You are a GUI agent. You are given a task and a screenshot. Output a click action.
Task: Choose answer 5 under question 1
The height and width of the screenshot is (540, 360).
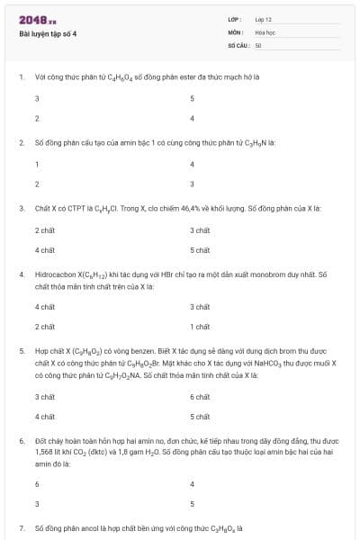pos(192,98)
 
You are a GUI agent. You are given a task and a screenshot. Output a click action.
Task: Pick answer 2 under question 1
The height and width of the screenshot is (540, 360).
pos(37,118)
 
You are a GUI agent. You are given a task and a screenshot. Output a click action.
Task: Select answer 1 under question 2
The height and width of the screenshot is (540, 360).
pos(37,164)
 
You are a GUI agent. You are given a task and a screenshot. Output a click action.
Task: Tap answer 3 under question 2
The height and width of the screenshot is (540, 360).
pos(192,184)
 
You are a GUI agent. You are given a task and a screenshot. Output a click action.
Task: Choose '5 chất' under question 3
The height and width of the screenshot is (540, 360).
pos(200,249)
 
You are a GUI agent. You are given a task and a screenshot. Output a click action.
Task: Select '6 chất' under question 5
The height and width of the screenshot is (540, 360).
pos(200,397)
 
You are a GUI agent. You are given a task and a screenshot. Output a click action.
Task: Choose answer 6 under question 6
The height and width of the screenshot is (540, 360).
pos(37,483)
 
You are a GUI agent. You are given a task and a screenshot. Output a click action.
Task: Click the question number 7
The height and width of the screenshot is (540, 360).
pos(22,528)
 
